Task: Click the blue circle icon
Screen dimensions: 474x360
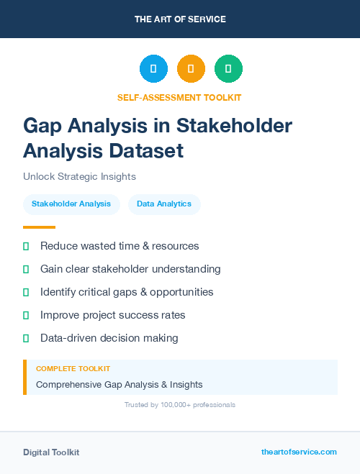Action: coord(153,68)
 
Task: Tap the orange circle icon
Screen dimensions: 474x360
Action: coord(191,68)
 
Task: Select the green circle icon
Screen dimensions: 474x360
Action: coord(228,68)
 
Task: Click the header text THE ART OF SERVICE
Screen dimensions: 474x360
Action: coord(180,19)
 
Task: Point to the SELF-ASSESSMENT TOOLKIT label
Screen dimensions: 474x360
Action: coord(179,97)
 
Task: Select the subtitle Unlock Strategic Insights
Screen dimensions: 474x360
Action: coord(79,176)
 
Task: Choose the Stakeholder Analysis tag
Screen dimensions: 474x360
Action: coord(71,204)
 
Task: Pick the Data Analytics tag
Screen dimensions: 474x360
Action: coord(164,204)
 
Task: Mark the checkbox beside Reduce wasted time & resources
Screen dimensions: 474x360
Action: coord(26,246)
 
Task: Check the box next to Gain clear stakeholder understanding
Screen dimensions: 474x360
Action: coord(26,269)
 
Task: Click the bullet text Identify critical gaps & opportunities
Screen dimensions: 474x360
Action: coord(127,292)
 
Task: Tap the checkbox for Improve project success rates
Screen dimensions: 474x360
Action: coord(26,315)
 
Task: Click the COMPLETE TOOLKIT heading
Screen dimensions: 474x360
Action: coord(73,368)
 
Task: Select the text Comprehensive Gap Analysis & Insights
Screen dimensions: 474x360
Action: coord(120,384)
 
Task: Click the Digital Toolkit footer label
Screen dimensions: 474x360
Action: coord(51,452)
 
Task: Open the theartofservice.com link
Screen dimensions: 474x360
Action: coord(299,452)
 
